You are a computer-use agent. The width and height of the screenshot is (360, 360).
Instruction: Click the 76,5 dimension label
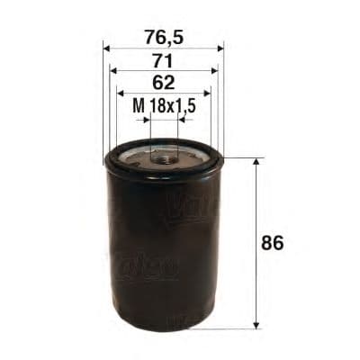coord(163,39)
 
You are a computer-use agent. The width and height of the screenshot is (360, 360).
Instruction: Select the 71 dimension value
coord(163,61)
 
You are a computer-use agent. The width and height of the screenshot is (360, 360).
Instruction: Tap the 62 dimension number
coord(163,83)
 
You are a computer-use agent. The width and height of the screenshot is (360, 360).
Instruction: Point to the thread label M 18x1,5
coord(164,106)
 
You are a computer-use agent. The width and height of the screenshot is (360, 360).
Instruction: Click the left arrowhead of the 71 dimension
coord(113,71)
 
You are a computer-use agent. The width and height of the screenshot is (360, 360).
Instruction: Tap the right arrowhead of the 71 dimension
coord(213,71)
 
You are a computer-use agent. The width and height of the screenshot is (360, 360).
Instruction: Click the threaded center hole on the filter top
coord(163,158)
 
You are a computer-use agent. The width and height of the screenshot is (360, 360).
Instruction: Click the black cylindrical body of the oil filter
coord(162,252)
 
